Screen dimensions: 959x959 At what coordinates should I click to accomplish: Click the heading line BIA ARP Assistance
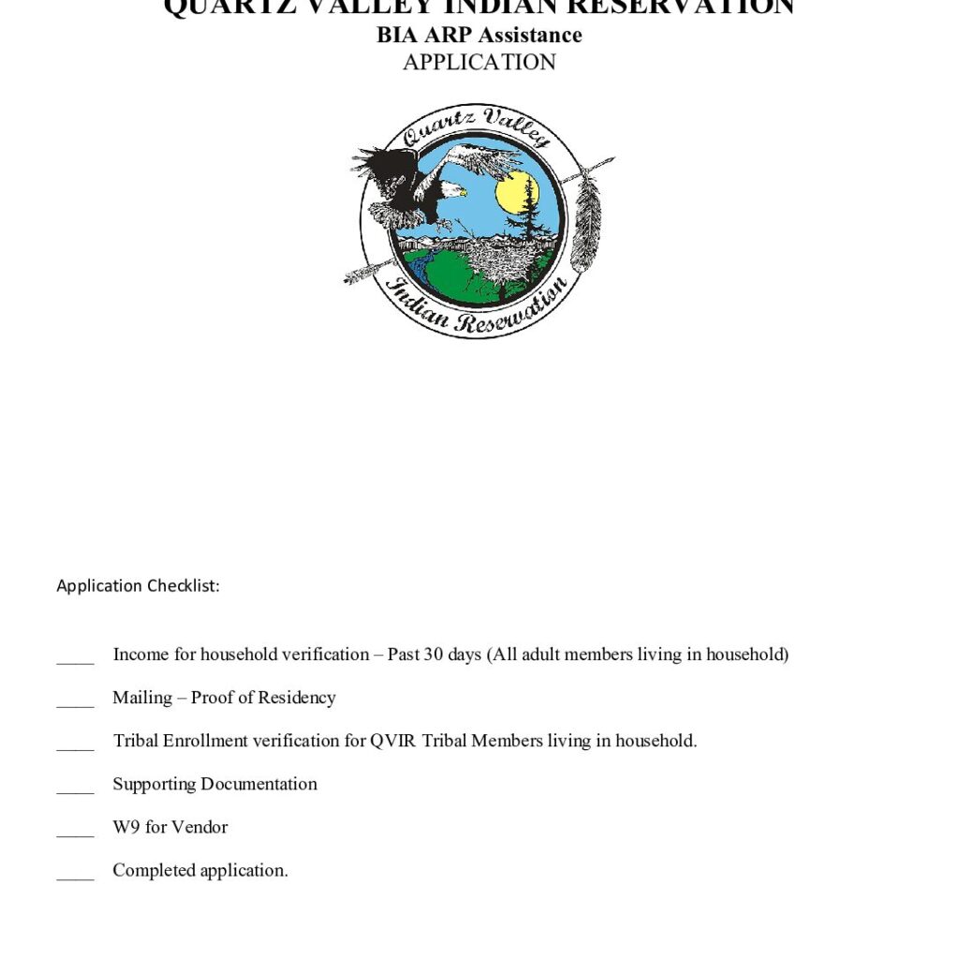pos(479,36)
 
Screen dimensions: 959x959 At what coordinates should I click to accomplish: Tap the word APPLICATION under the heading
pos(479,63)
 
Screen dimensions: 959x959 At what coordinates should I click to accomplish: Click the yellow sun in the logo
pos(516,192)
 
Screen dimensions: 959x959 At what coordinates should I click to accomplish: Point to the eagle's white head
pos(453,191)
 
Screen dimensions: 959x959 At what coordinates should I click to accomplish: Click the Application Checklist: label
pos(138,586)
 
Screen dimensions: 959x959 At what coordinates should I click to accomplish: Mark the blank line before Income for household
pos(75,660)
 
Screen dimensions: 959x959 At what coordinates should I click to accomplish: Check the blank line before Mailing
pos(75,703)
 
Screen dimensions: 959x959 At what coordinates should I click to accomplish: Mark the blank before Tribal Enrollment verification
pos(75,746)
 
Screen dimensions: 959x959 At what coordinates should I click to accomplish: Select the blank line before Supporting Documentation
pos(75,789)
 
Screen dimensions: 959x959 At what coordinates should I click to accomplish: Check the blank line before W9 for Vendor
pos(75,833)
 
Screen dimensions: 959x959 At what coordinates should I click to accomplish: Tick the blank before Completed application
pos(75,876)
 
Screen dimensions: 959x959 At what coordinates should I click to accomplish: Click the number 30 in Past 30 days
pos(434,655)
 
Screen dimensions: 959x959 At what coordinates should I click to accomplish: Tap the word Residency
pos(297,698)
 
